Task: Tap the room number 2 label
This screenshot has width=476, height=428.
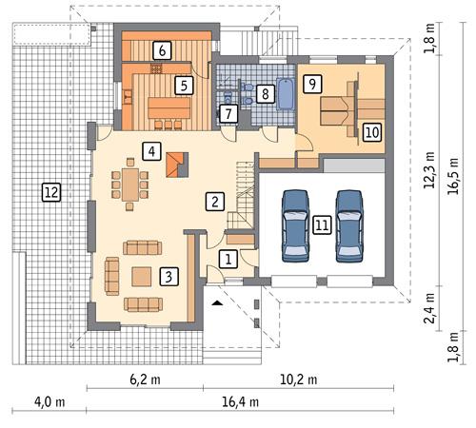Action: (x=216, y=201)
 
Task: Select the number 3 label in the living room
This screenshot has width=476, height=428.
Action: (x=168, y=277)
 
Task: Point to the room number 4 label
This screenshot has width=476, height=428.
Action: (x=149, y=149)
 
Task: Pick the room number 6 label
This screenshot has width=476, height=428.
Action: (x=163, y=49)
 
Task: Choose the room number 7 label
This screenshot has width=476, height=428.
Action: (x=227, y=114)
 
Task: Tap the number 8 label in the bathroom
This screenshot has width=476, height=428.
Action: (x=265, y=93)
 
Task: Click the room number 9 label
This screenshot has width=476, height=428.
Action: (x=310, y=84)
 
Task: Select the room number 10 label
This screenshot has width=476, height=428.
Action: (x=371, y=130)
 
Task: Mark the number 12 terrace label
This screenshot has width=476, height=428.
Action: (x=50, y=192)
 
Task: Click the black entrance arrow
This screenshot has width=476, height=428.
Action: (x=218, y=302)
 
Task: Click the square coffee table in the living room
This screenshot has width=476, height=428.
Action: (x=142, y=276)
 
